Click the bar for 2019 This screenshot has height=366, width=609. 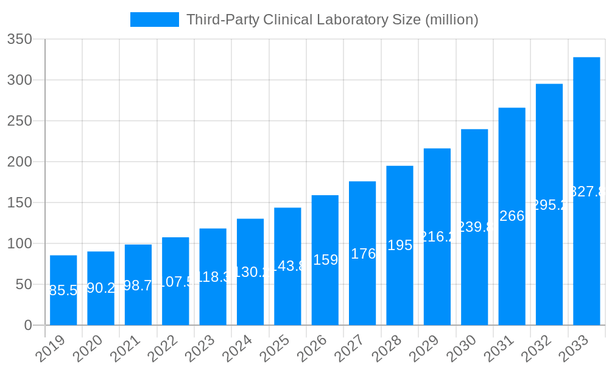tap(63, 290)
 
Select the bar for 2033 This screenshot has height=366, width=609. tap(586, 191)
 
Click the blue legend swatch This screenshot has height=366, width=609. tap(155, 20)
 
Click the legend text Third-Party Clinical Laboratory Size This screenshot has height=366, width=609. tap(332, 20)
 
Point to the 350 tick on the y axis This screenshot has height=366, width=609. tap(19, 39)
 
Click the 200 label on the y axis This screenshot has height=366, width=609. tap(19, 162)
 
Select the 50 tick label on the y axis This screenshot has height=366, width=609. tap(24, 284)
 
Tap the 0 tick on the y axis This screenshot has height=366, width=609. tap(28, 325)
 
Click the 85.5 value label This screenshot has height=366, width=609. tap(63, 290)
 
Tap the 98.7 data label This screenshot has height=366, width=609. tap(138, 285)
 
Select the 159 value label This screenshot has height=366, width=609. tap(325, 260)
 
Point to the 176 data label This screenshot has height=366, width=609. tap(363, 254)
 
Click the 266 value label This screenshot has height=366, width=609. tap(512, 216)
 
